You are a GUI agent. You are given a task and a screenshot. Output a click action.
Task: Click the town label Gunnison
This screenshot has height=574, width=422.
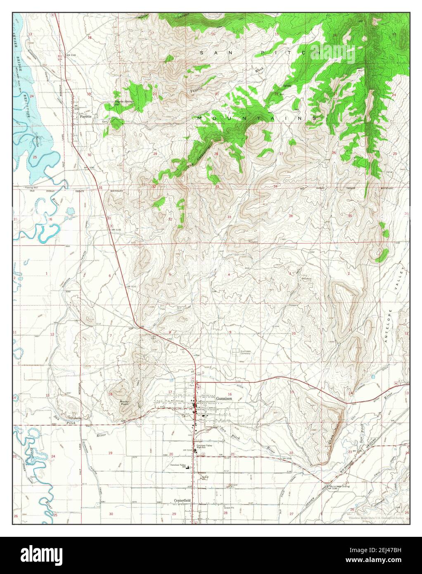225,398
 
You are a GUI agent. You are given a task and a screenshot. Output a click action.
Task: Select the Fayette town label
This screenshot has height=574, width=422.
85,116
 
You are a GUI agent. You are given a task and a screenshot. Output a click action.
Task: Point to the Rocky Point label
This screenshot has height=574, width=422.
124,403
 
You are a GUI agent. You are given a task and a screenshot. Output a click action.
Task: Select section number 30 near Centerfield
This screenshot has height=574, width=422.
111,513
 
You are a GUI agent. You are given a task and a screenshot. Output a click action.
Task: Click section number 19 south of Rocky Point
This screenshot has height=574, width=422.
110,453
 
